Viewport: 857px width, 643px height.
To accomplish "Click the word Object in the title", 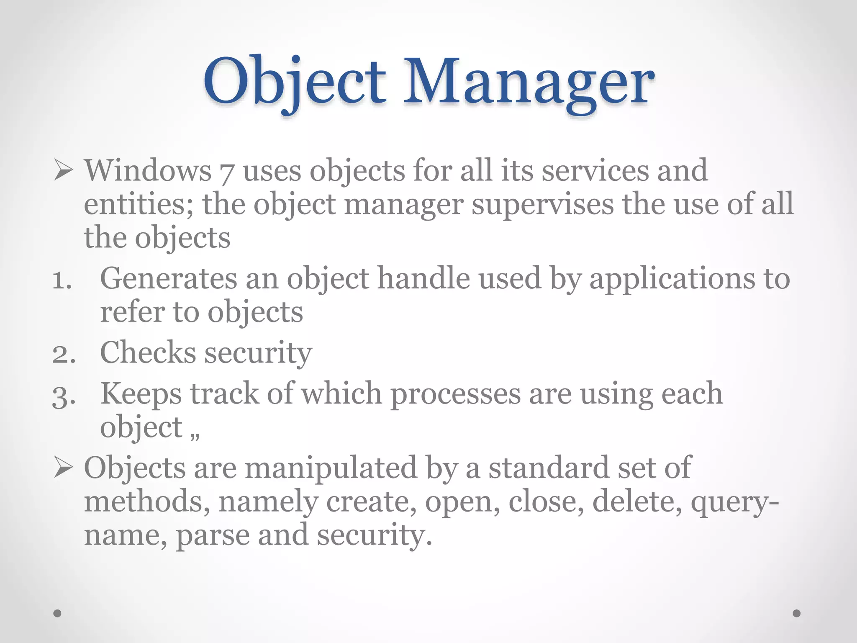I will click(295, 82).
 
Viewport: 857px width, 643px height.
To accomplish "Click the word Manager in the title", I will click(529, 82).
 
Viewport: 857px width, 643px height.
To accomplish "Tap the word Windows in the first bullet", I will click(148, 171).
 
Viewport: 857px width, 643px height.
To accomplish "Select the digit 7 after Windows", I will click(226, 172).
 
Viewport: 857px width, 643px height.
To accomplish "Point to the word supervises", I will click(542, 204).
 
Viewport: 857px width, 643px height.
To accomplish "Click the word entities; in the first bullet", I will click(139, 204).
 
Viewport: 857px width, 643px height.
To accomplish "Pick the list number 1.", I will click(62, 280).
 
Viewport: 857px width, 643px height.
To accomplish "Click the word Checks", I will click(148, 352).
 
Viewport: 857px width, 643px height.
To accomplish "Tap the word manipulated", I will click(331, 468).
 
